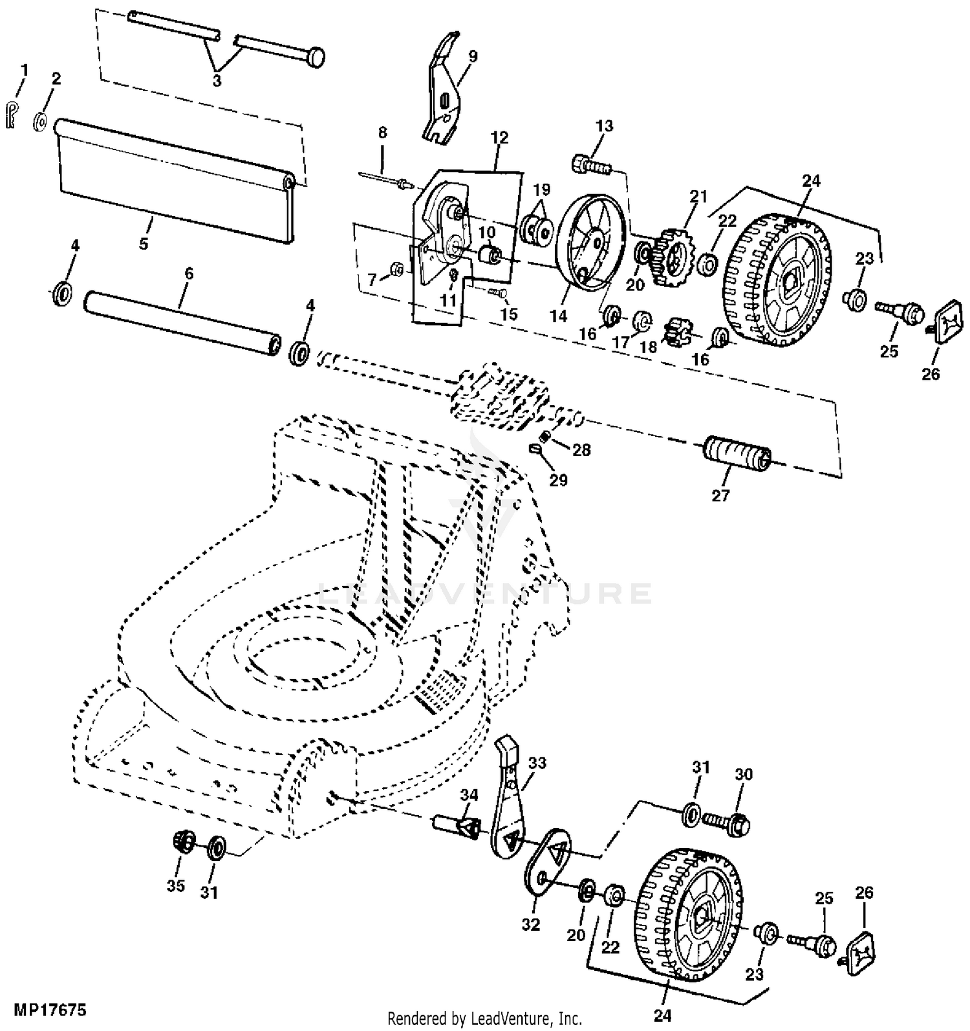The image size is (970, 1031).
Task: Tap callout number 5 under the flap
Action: tap(144, 244)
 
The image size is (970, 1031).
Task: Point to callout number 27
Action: tap(720, 495)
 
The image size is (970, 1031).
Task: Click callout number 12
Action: tap(499, 138)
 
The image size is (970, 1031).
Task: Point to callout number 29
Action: tap(558, 480)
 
